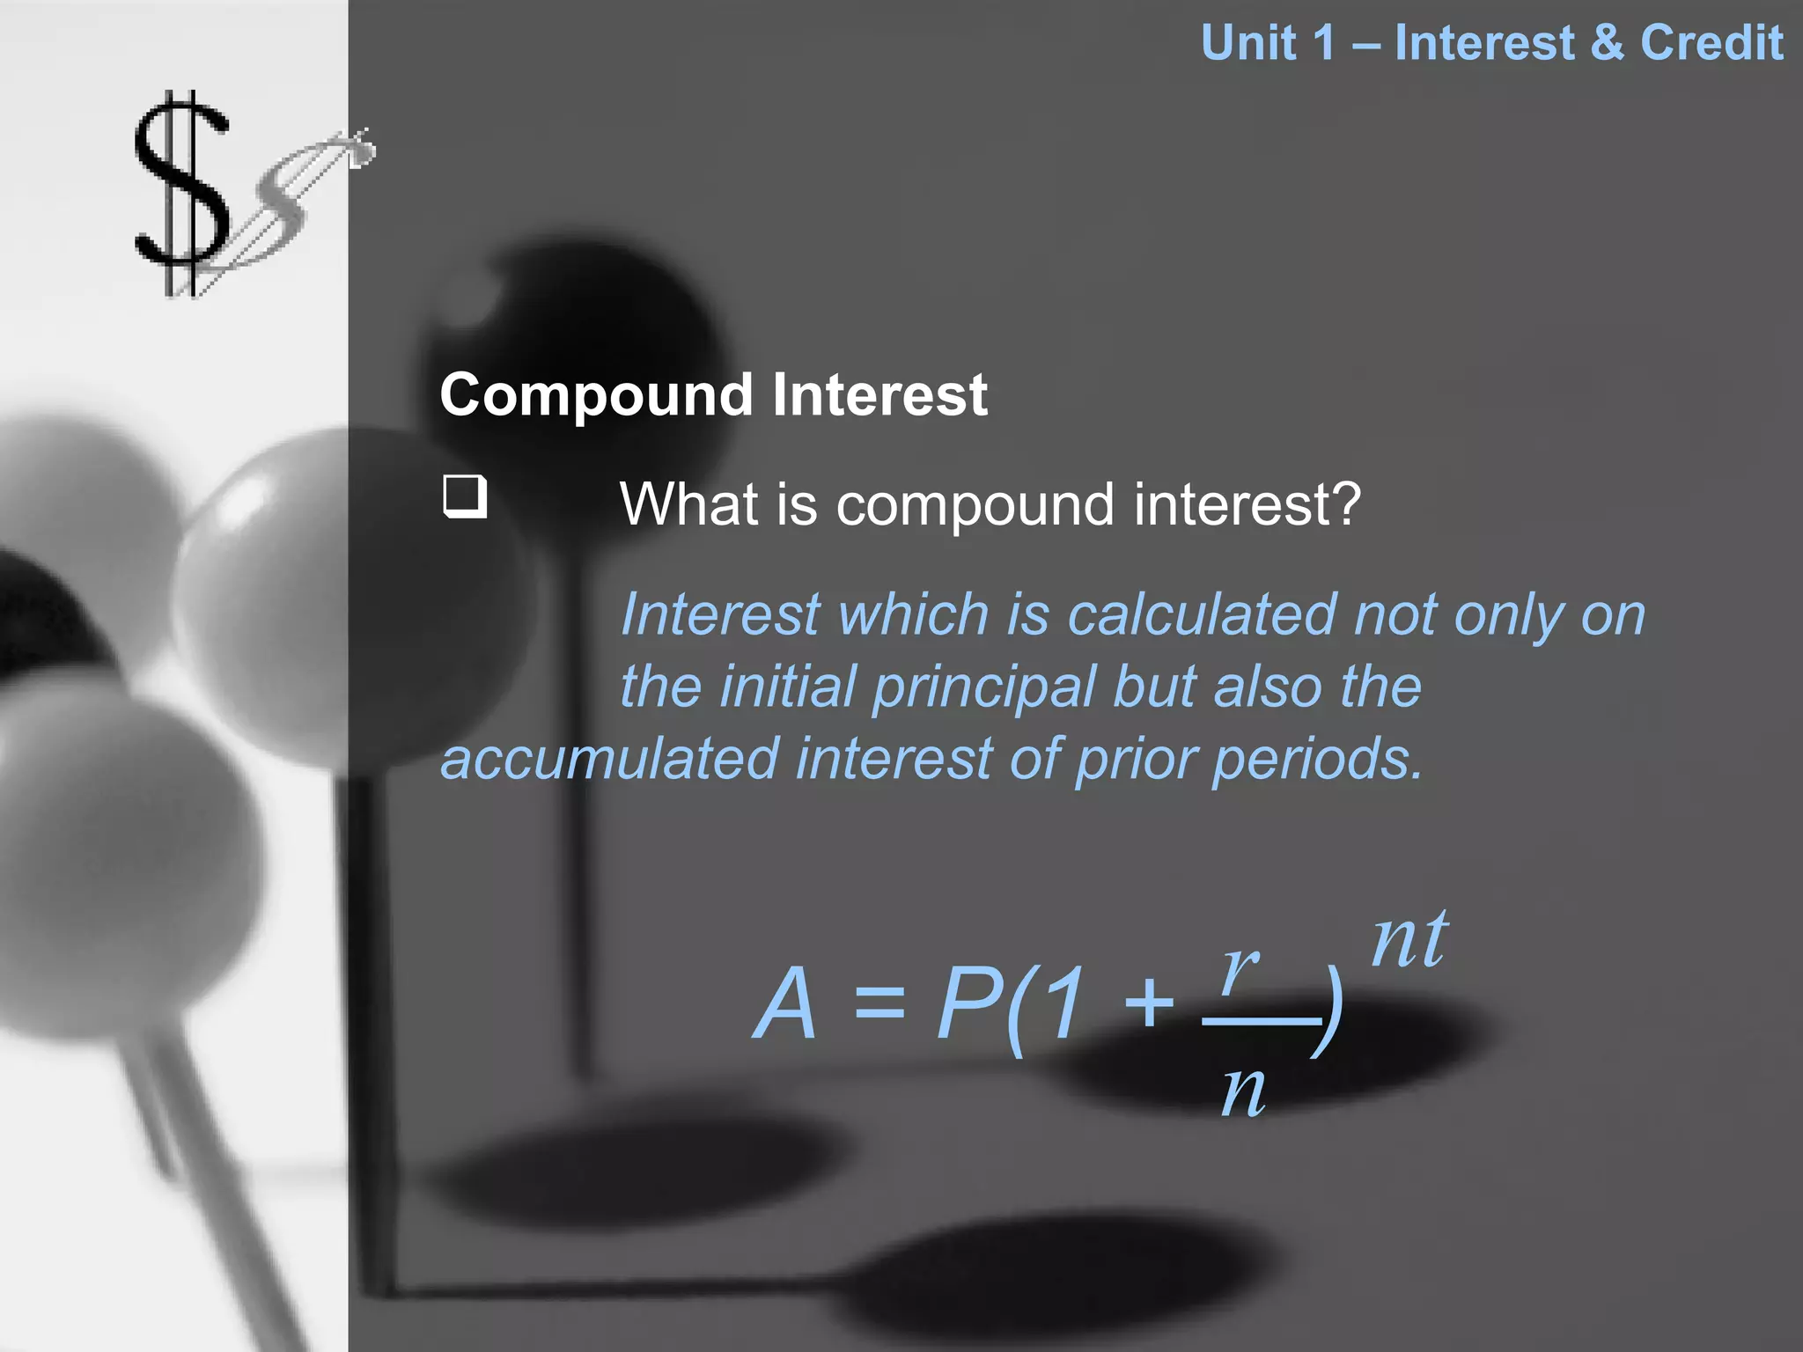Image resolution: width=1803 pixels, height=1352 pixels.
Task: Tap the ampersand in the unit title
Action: coord(1608,42)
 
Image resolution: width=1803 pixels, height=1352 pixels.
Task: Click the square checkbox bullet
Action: coord(464,496)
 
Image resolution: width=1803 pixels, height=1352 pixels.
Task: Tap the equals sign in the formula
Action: coord(879,1003)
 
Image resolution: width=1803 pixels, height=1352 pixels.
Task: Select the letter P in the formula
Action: coord(969,1003)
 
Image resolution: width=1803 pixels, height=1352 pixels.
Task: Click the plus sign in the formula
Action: coord(1149,1003)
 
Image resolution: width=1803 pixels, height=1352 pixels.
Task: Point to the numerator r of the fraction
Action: coord(1240,966)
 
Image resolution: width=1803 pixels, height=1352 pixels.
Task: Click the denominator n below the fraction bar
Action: coord(1243,1091)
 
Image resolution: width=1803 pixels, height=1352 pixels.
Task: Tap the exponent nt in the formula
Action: coord(1409,940)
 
